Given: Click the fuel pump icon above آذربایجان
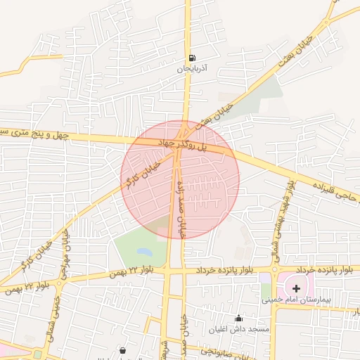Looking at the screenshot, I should pyautogui.click(x=191, y=58).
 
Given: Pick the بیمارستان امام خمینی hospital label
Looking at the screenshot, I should pyautogui.click(x=296, y=299).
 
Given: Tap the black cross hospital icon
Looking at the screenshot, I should pyautogui.click(x=296, y=288).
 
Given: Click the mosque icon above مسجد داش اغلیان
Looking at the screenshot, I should pyautogui.click(x=239, y=318).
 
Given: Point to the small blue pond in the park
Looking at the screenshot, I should pyautogui.click(x=144, y=251).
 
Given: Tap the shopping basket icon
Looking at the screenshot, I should pyautogui.click(x=123, y=350).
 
